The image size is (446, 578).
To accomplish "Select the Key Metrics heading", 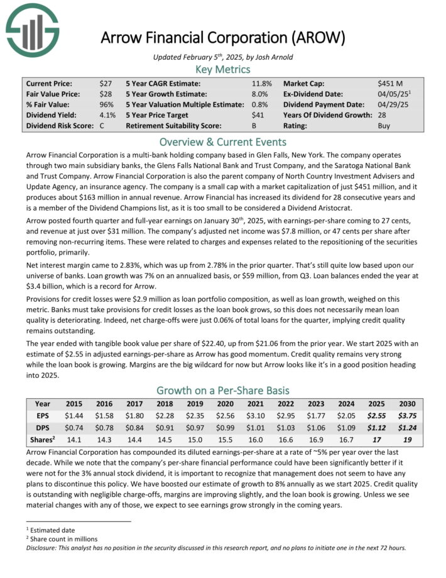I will [x=222, y=69].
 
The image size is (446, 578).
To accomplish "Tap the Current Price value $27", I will [x=106, y=83].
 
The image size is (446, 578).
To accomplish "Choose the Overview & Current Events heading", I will [x=222, y=142].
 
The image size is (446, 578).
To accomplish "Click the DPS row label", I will [x=43, y=427].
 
